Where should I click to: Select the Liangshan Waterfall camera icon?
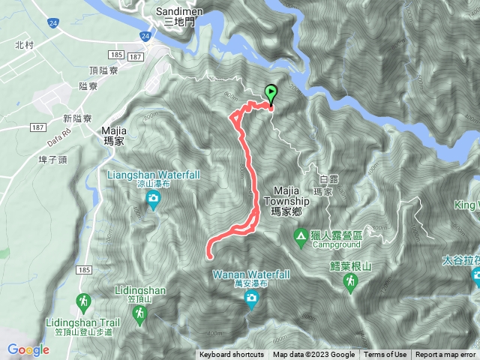153,199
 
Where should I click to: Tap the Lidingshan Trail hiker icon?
82,302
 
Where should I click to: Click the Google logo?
28,349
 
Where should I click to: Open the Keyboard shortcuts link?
232,355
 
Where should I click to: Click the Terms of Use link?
385,355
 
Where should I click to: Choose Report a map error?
446,355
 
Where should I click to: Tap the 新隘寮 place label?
77,118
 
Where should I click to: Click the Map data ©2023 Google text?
313,355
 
